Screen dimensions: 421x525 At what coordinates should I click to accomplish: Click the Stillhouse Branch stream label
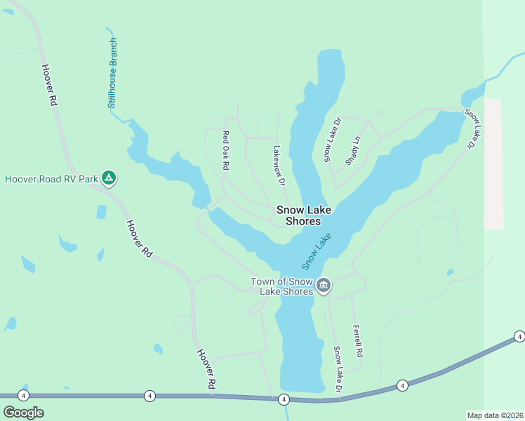tap(113, 73)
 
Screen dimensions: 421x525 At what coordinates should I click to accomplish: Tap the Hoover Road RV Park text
tap(51, 179)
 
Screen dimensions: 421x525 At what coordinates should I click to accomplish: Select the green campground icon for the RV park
tap(109, 178)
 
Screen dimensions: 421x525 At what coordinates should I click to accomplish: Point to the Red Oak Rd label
tap(226, 151)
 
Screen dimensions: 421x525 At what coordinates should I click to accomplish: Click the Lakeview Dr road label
tap(279, 166)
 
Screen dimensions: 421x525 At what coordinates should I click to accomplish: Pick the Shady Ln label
tap(353, 150)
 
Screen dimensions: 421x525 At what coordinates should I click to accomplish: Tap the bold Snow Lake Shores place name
tap(303, 215)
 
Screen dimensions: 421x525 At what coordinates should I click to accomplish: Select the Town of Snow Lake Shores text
tap(281, 286)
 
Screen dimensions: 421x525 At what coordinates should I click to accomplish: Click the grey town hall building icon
tap(324, 285)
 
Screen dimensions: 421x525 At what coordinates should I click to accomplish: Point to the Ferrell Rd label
tap(357, 342)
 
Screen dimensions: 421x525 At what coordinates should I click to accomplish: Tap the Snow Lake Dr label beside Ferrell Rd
tap(338, 369)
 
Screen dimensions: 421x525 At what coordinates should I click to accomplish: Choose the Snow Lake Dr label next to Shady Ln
tap(332, 140)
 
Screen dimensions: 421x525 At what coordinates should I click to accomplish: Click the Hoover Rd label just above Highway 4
tap(205, 370)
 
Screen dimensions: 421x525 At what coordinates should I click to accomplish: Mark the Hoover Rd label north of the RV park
tap(48, 85)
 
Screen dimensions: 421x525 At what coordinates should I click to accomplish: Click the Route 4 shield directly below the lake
tap(284, 399)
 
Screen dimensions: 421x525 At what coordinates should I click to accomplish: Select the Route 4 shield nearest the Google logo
tap(24, 396)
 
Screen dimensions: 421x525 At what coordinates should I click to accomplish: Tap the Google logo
tap(23, 412)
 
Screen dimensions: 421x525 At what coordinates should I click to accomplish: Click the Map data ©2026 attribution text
tap(495, 415)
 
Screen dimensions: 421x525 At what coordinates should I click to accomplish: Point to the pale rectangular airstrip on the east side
tap(494, 164)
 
